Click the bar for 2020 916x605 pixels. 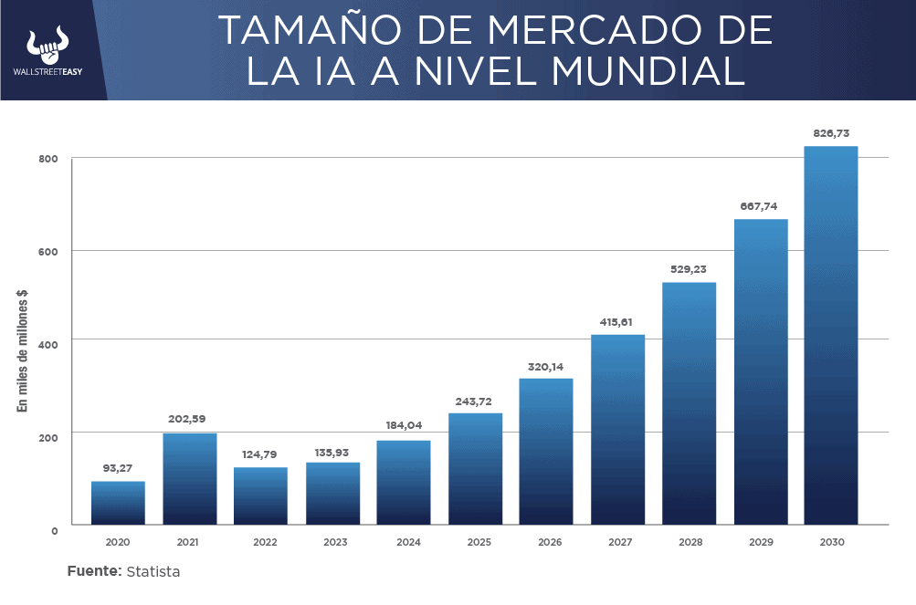click(118, 503)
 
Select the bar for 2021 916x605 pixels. click(189, 479)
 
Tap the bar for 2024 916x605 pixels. click(403, 483)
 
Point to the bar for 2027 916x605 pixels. click(617, 430)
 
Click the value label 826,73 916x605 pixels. click(830, 133)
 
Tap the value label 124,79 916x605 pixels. click(260, 454)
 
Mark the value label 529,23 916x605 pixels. click(688, 269)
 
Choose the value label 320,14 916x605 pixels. click(545, 367)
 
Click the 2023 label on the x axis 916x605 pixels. click(335, 542)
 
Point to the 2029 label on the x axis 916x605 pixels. click(761, 542)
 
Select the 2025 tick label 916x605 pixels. click(479, 542)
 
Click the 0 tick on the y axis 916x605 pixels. click(54, 529)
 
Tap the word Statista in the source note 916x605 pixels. click(153, 572)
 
